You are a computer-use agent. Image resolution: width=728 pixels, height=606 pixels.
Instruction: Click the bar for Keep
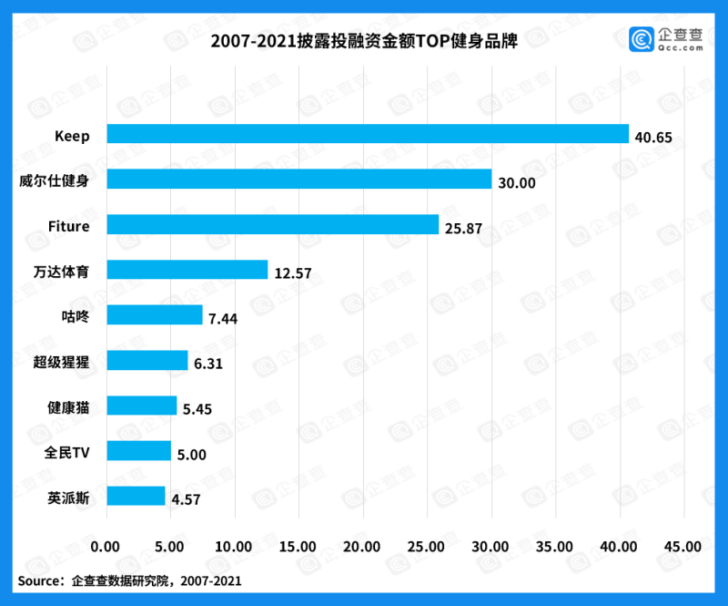coord(368,134)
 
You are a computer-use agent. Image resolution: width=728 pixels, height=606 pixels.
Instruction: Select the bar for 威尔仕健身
coord(298,180)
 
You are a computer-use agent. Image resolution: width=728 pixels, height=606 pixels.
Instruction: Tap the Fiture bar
coord(272,225)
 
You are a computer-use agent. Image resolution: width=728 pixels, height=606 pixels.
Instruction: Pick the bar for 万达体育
coord(187,270)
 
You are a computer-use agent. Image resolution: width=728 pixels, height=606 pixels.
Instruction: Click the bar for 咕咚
coord(154,315)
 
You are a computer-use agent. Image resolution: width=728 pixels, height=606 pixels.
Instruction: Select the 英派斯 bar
coord(136,497)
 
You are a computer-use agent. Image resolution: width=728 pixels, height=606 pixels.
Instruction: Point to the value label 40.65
coord(653,138)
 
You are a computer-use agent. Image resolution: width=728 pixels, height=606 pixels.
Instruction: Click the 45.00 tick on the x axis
coord(683,547)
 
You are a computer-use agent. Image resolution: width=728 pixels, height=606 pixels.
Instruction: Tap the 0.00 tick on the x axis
coord(106,547)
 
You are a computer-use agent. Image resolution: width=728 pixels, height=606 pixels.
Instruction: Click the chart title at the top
coord(364,42)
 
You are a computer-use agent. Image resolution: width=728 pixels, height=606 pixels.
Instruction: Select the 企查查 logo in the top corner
coord(667,39)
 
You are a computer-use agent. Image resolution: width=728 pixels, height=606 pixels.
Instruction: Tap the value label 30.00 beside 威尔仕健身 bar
coord(516,183)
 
